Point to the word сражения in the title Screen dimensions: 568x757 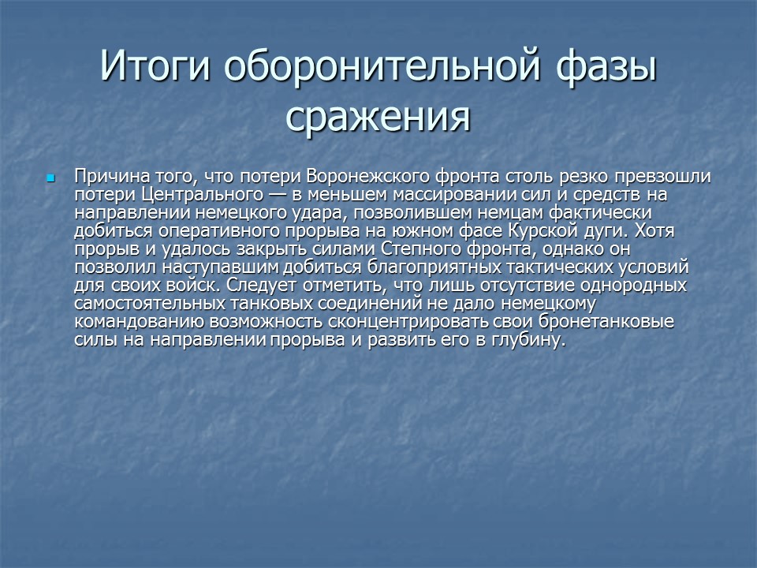(378, 117)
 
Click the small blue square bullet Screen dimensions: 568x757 (52, 177)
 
